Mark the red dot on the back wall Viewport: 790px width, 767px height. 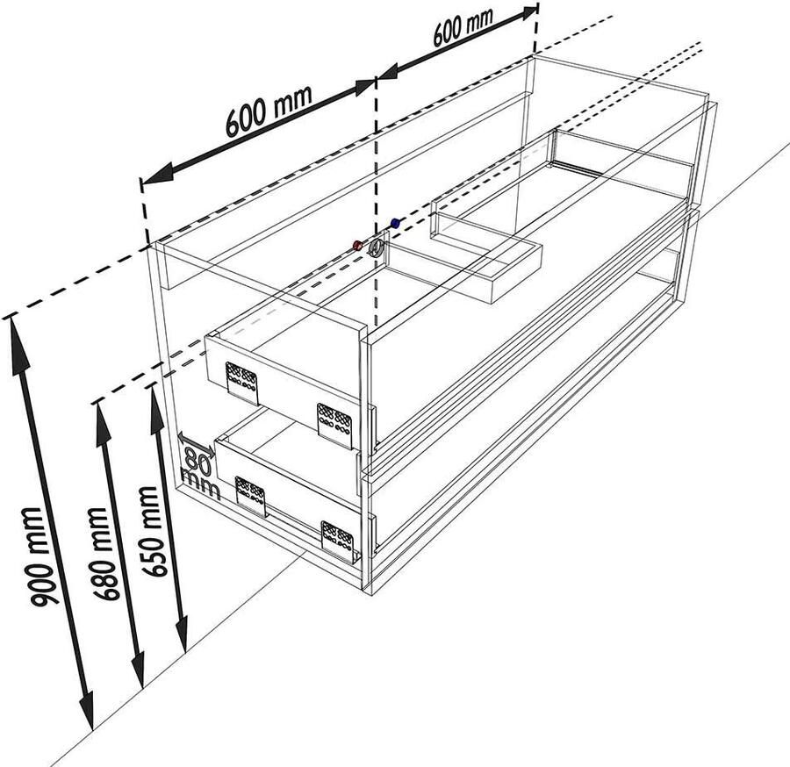coord(357,245)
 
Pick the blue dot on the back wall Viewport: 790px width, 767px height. coord(395,224)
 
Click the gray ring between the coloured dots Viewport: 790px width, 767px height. coord(377,246)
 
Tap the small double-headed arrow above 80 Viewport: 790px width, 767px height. coord(196,442)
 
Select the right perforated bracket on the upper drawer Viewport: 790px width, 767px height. coord(334,424)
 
